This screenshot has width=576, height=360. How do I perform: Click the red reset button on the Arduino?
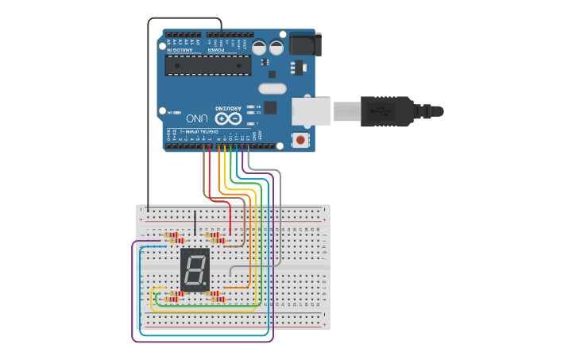pyautogui.click(x=300, y=141)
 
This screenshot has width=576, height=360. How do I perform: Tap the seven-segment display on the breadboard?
pyautogui.click(x=195, y=269)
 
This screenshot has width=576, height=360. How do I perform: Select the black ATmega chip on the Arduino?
pyautogui.click(x=208, y=65)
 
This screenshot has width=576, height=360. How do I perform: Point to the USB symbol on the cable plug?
pyautogui.click(x=377, y=111)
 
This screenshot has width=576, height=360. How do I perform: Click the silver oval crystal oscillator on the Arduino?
pyautogui.click(x=271, y=88)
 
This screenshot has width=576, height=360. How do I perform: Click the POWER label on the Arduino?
pyautogui.click(x=216, y=50)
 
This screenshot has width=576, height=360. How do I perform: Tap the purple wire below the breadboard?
pyautogui.click(x=203, y=342)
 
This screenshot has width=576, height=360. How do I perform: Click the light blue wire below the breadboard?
pyautogui.click(x=203, y=335)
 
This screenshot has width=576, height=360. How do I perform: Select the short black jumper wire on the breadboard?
pyautogui.click(x=195, y=223)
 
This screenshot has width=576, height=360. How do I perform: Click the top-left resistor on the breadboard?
pyautogui.click(x=171, y=235)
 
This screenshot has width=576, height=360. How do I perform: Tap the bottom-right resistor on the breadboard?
pyautogui.click(x=216, y=300)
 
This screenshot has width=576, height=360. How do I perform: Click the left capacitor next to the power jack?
pyautogui.click(x=260, y=48)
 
